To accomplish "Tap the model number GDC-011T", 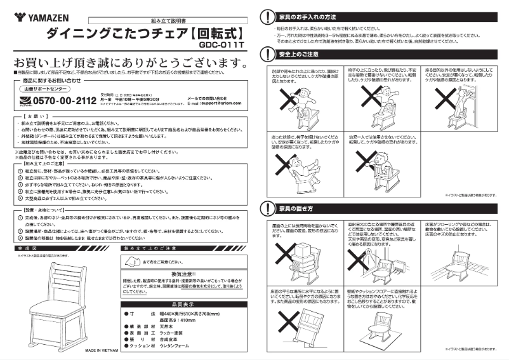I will point(220,46).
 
